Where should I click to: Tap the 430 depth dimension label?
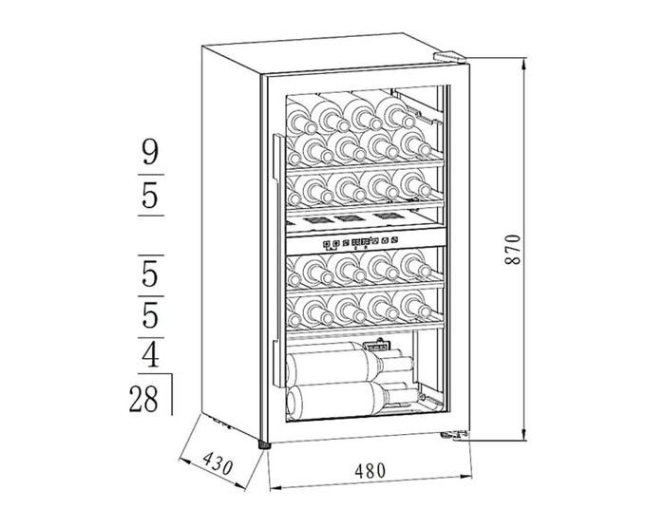218,464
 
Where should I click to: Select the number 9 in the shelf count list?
150,153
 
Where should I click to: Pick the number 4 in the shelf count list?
150,356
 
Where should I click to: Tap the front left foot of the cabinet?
264,443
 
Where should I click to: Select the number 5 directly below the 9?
150,197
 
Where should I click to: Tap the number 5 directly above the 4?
150,312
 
